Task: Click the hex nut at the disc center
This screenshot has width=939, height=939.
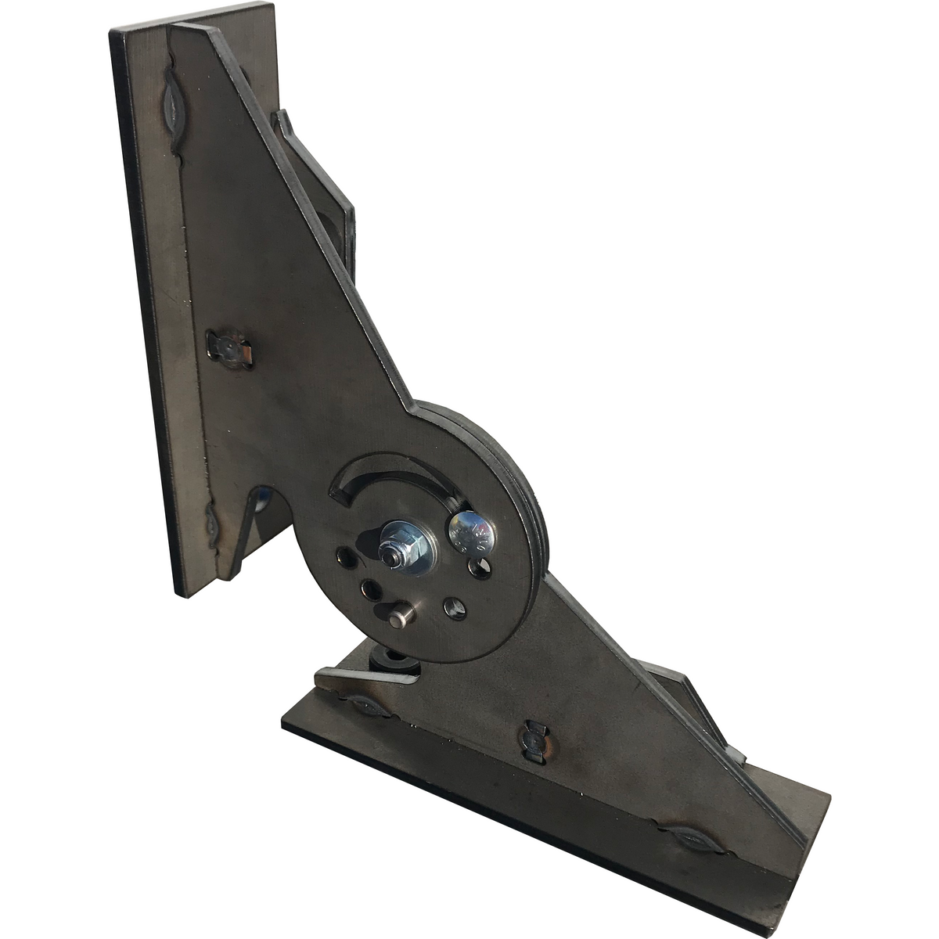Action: pos(394,551)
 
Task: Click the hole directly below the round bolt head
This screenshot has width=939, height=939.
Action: pos(477,567)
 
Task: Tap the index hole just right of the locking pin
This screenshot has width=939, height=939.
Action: pos(453,606)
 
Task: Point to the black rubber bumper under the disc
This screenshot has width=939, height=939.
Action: pos(393,664)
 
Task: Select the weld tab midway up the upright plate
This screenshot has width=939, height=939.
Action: pos(228,347)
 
